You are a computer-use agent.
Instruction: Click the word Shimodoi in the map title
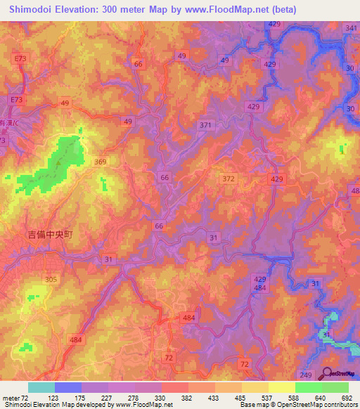[x=34, y=9]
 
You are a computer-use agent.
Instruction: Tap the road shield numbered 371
[x=205, y=125]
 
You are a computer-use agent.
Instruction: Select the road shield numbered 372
[x=228, y=180]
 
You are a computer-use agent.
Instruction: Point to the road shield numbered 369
[x=101, y=162]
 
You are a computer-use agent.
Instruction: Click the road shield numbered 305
[x=51, y=279]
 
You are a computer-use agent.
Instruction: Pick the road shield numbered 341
[x=351, y=27]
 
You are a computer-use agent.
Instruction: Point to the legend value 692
[x=346, y=398]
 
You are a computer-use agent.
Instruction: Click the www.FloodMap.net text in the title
[x=221, y=9]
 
